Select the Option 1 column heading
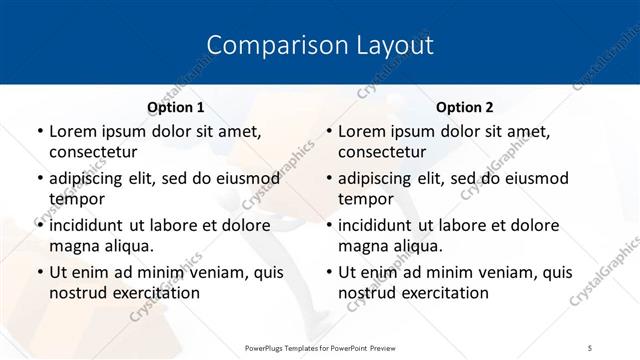(x=176, y=107)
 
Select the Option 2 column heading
(x=465, y=107)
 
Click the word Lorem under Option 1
(x=72, y=132)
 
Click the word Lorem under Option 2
(x=361, y=132)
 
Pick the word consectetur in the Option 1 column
(x=92, y=152)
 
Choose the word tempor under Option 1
(x=77, y=198)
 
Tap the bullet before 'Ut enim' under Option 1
(x=39, y=272)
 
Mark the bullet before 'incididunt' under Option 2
(x=328, y=225)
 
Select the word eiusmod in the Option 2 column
(x=537, y=178)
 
